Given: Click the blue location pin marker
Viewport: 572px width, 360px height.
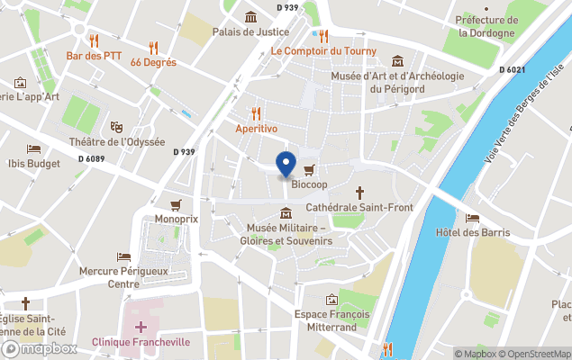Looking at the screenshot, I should [286, 165].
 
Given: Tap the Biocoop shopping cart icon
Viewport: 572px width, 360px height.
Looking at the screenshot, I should [309, 169].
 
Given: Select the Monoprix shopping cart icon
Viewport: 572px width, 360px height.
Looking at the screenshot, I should [176, 204].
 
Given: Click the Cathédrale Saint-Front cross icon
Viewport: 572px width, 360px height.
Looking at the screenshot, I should [359, 193].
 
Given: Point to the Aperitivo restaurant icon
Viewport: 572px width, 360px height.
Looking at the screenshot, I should [256, 114].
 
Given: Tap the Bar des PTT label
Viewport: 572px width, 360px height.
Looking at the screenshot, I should [94, 56].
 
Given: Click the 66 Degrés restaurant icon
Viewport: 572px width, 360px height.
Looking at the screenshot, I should [153, 48].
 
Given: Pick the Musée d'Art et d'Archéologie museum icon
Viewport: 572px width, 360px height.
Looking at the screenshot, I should [397, 61].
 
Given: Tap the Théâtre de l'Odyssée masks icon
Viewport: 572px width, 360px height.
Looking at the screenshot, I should [116, 127].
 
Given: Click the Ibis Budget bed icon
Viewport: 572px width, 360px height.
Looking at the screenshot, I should [33, 149].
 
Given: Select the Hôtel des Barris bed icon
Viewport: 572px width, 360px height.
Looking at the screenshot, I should [472, 218].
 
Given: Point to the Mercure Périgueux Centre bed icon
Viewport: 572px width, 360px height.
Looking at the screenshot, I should [123, 256].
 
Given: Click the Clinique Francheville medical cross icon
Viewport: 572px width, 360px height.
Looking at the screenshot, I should [140, 327].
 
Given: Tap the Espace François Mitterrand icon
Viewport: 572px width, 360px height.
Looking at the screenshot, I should [331, 299].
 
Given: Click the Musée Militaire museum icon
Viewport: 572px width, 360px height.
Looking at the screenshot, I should [286, 213].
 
